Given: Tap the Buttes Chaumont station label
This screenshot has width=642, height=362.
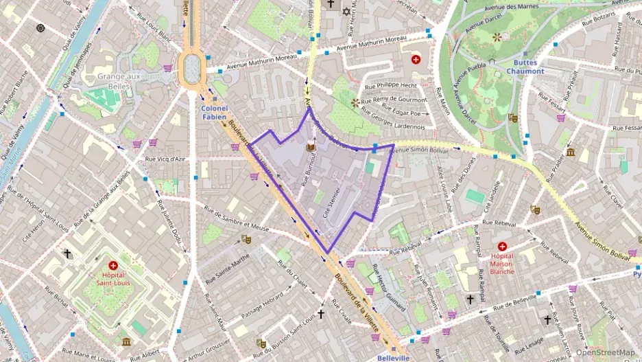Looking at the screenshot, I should click(x=525, y=66).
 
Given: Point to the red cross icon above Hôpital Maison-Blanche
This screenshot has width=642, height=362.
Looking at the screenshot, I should click(x=502, y=246).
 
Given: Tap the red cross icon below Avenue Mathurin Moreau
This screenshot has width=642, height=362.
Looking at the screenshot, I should click(x=415, y=60).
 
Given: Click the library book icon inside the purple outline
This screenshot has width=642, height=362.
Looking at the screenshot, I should click(x=310, y=148).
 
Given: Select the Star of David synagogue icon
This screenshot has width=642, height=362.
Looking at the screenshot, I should click(x=346, y=12).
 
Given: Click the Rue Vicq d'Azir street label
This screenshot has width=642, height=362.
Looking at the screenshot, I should click(x=165, y=159).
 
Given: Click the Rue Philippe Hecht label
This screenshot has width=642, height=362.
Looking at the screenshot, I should click(x=390, y=87).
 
